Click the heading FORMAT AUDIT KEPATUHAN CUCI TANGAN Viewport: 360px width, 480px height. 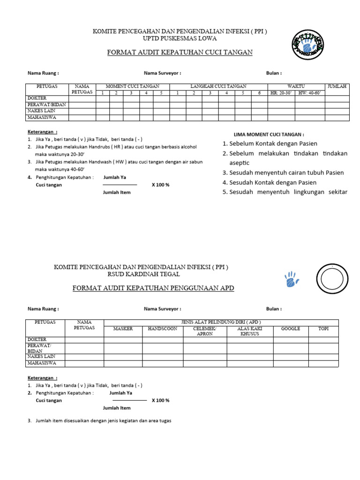(x=180, y=52)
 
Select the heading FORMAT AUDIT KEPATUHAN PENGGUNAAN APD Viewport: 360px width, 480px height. (x=153, y=288)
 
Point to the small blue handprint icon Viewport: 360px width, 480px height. (x=291, y=279)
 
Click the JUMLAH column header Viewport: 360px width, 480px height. (x=337, y=86)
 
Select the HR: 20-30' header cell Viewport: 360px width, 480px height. (x=281, y=93)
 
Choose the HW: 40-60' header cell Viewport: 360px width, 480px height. (x=310, y=93)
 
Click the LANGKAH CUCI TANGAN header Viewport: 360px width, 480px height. (x=218, y=86)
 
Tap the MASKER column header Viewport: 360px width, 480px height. (x=123, y=329)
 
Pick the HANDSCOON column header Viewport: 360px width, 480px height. (x=163, y=329)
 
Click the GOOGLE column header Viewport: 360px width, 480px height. (x=291, y=329)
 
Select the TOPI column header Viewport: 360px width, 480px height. (x=323, y=329)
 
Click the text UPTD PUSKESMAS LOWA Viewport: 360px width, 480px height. (x=180, y=39)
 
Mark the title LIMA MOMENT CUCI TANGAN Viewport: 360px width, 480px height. (x=269, y=135)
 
